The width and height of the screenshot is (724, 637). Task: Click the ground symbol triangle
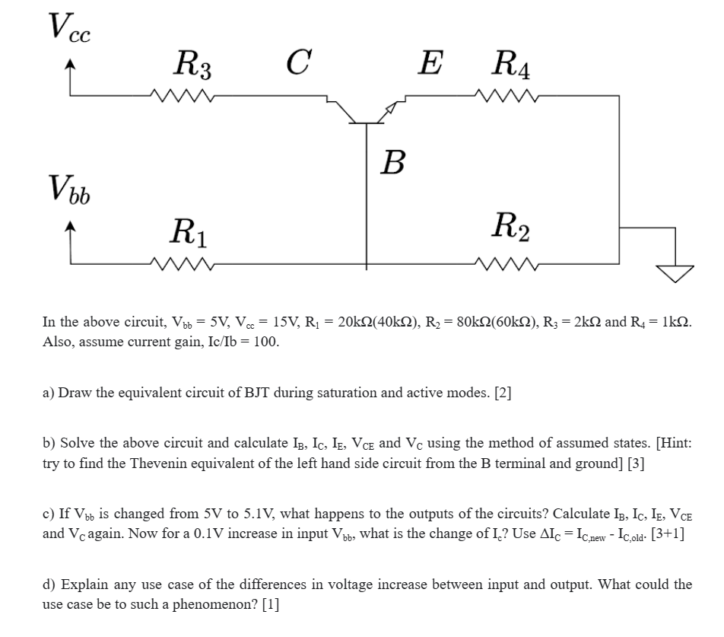[672, 273]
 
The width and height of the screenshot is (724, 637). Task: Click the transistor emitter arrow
[390, 108]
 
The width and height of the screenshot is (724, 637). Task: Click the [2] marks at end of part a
[503, 393]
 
